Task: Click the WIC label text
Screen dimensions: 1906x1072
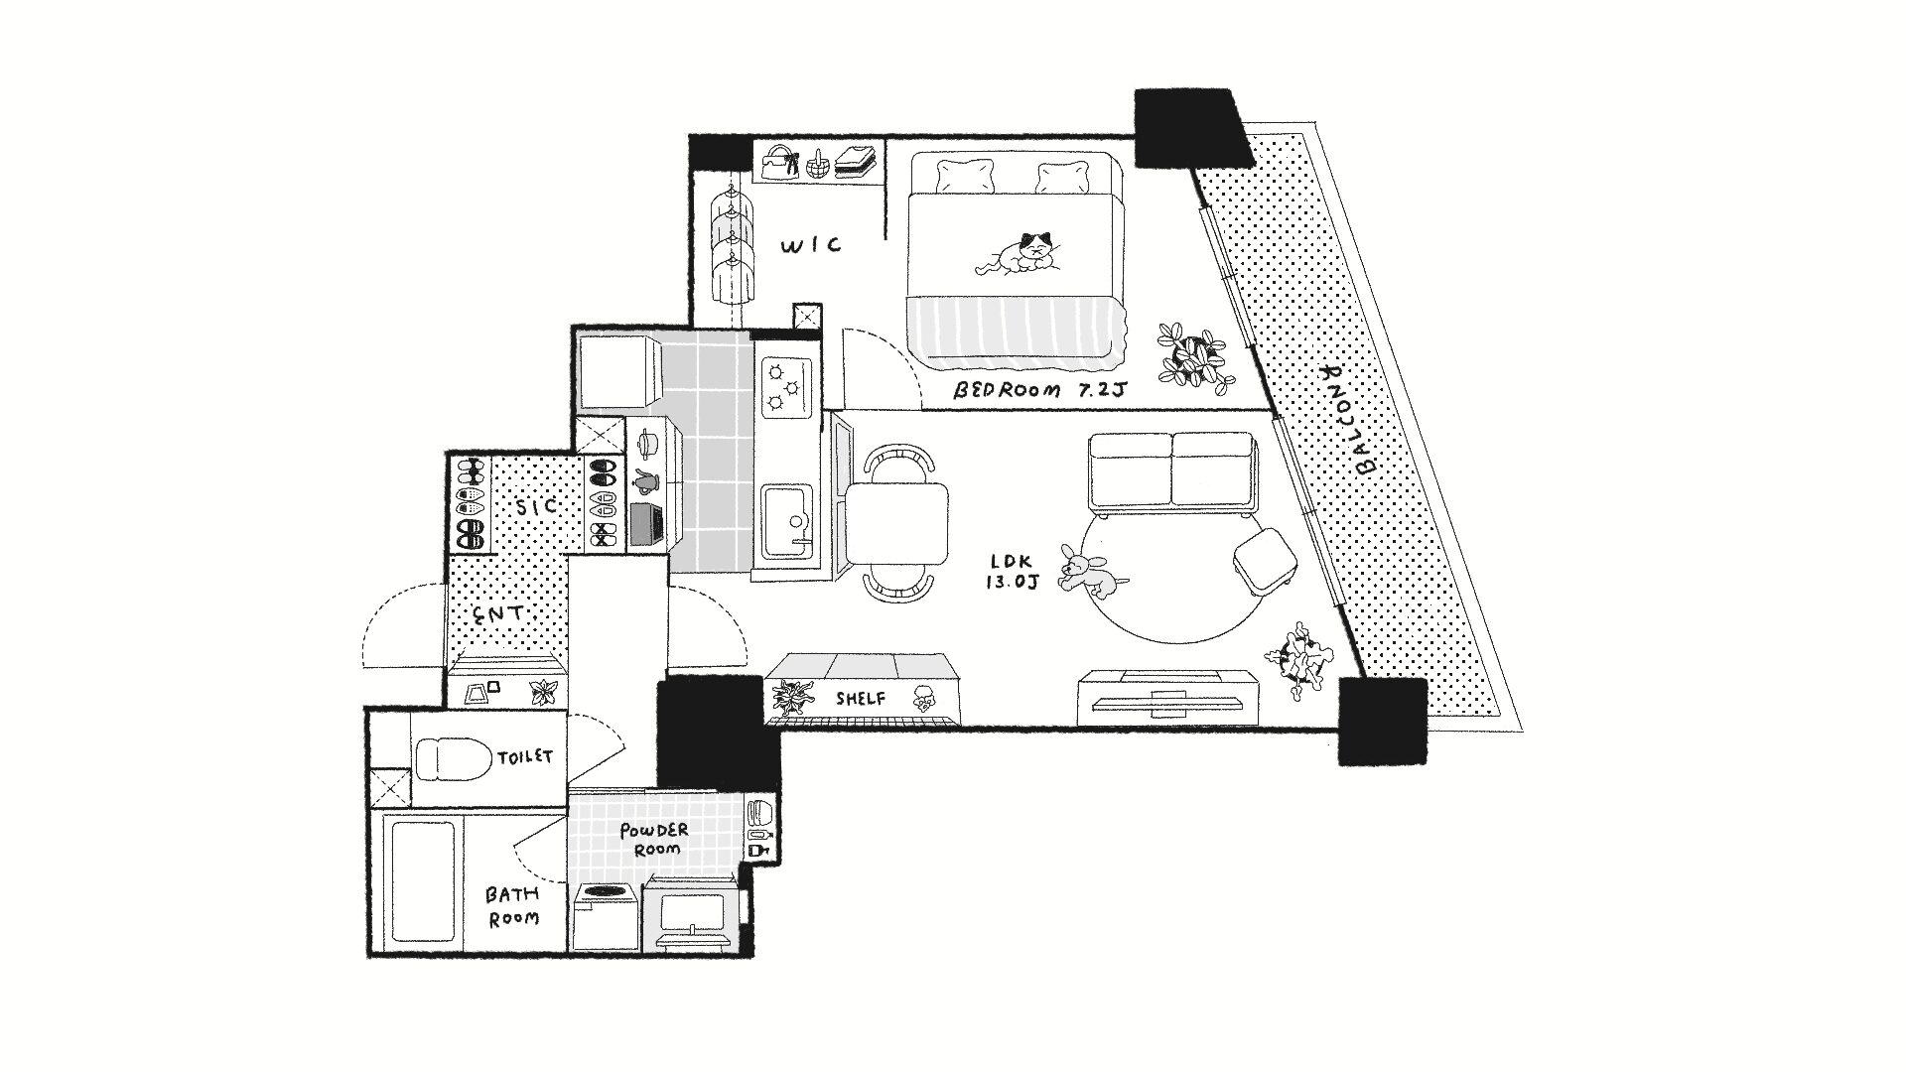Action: click(x=811, y=244)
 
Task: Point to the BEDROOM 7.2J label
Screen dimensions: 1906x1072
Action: click(x=1039, y=391)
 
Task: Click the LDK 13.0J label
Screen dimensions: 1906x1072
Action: click(x=1012, y=573)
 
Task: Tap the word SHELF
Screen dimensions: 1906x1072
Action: click(x=860, y=699)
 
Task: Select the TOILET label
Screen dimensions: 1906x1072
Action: click(x=524, y=757)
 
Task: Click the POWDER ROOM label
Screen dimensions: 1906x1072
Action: click(x=654, y=840)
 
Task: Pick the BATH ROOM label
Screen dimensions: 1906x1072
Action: click(x=512, y=906)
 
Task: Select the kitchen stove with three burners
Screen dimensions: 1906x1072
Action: click(x=787, y=385)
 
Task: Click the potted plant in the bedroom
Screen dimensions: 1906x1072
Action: click(x=1194, y=356)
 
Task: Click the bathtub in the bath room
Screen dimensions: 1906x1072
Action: click(x=422, y=878)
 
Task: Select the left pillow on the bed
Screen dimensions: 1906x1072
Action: click(x=963, y=177)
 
